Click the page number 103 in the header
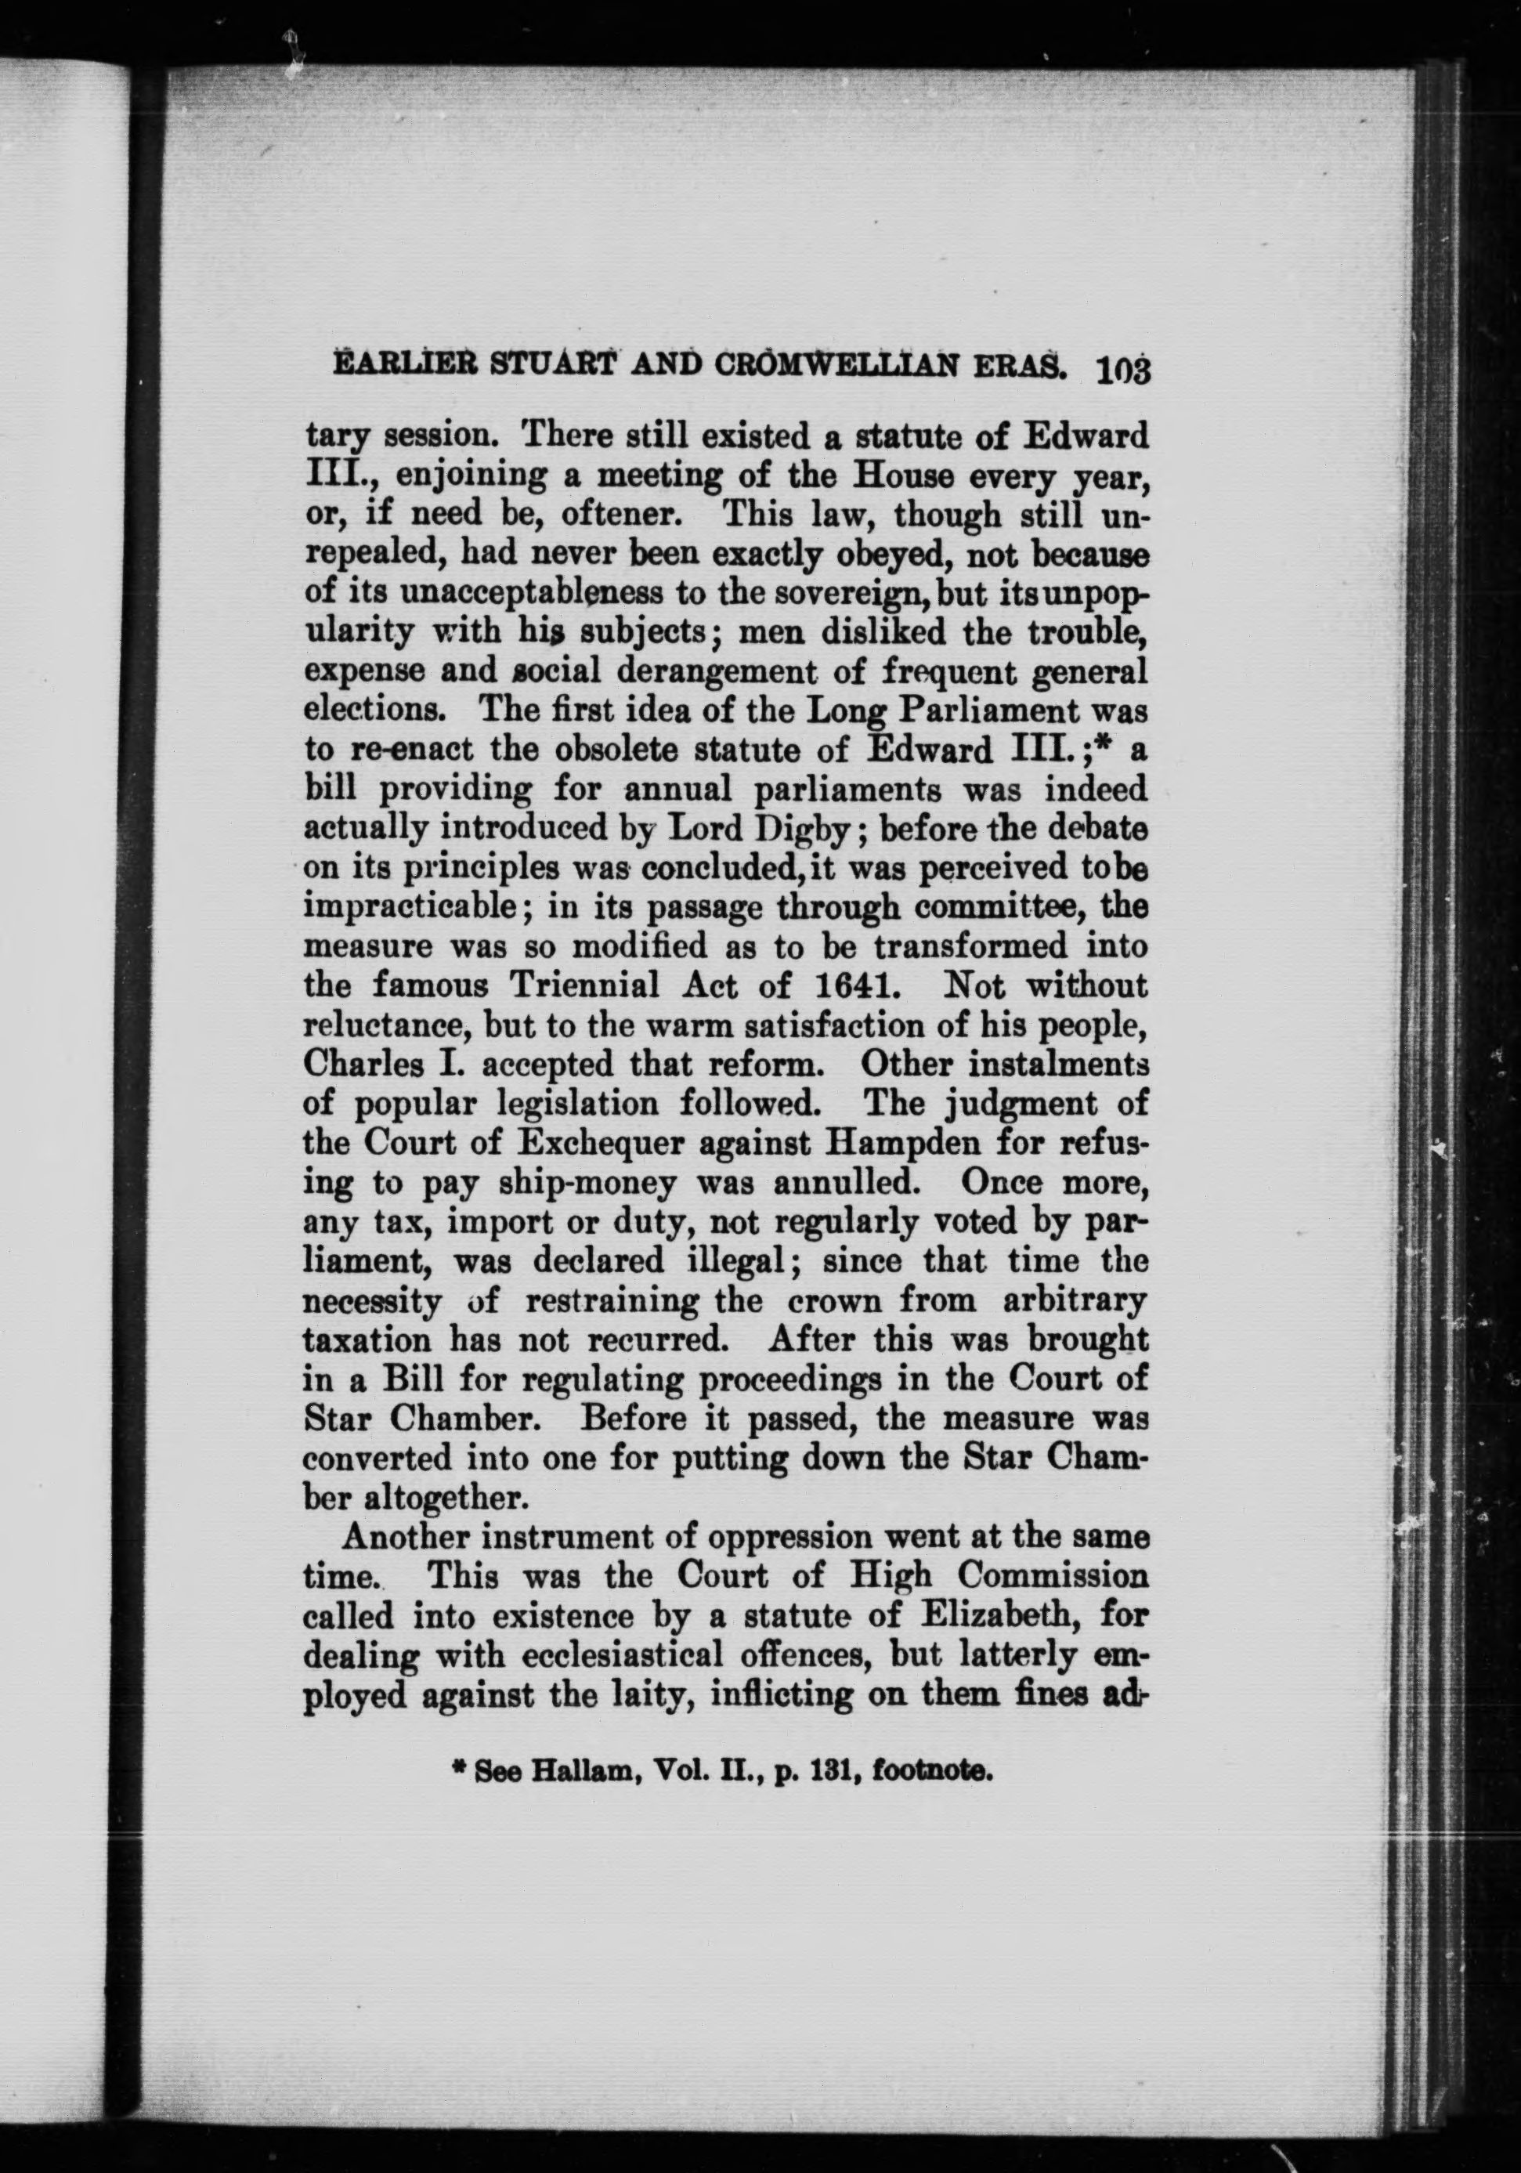pyautogui.click(x=1122, y=369)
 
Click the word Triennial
pyautogui.click(x=584, y=986)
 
